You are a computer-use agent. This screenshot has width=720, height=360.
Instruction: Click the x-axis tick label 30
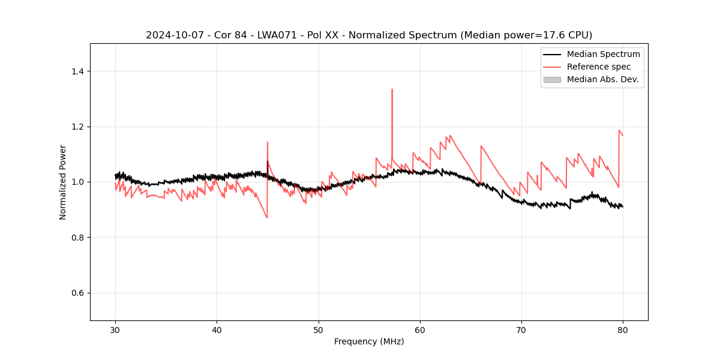[115, 330]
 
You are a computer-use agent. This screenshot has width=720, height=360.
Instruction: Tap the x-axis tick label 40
[217, 330]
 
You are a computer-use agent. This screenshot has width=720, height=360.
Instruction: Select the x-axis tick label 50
[319, 330]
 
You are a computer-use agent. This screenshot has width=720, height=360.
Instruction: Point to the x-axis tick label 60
[420, 330]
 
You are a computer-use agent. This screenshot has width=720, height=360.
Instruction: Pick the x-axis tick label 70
[521, 330]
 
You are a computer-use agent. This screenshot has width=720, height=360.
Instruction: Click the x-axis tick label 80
[623, 330]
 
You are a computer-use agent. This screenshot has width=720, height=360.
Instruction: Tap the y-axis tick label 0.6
[77, 293]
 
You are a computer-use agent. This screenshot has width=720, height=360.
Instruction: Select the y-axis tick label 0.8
[77, 238]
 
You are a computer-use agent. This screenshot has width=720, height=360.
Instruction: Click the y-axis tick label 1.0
[77, 182]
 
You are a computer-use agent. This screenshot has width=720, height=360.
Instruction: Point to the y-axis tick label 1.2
[77, 127]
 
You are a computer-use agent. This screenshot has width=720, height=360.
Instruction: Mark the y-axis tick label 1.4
[77, 71]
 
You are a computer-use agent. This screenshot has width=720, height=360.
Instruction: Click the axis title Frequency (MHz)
[369, 341]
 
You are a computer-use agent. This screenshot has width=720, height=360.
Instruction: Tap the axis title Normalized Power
[63, 182]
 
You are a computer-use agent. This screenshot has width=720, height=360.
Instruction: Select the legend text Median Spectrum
[603, 54]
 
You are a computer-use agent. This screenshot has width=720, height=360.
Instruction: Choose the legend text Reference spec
[599, 67]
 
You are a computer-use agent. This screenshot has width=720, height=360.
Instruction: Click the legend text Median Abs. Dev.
[602, 79]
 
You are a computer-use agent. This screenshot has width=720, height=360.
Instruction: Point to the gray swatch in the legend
[552, 79]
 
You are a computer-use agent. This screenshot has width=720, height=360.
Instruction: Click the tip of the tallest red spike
[392, 89]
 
